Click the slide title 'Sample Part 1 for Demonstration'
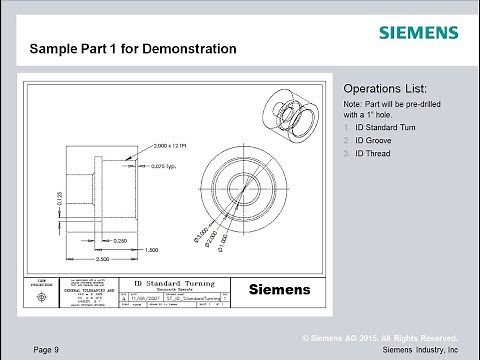(133, 48)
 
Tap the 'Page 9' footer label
(47, 349)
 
